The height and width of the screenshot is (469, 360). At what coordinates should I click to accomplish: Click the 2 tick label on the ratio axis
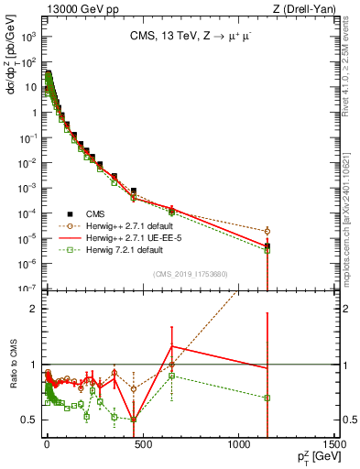click(34, 309)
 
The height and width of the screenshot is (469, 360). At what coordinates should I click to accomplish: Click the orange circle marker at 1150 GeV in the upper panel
click(267, 232)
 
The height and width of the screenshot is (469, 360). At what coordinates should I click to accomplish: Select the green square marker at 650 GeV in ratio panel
click(171, 376)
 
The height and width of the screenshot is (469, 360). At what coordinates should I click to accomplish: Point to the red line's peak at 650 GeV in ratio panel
click(171, 345)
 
